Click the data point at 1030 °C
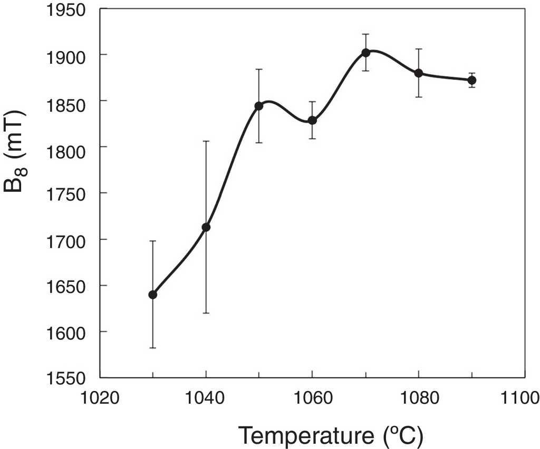pyautogui.click(x=153, y=295)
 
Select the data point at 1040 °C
pyautogui.click(x=206, y=227)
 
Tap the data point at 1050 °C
pyautogui.click(x=259, y=106)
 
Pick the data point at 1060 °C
pyautogui.click(x=312, y=120)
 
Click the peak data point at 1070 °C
pyautogui.click(x=365, y=53)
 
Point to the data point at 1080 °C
pyautogui.click(x=419, y=73)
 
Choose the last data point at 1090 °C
pyautogui.click(x=472, y=80)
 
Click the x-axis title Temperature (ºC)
pyautogui.click(x=331, y=435)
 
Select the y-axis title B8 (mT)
pyautogui.click(x=16, y=152)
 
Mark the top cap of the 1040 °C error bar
pyautogui.click(x=206, y=141)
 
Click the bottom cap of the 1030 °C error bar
pyautogui.click(x=153, y=348)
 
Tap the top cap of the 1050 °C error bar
pyautogui.click(x=259, y=69)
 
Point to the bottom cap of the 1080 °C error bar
pyautogui.click(x=419, y=97)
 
